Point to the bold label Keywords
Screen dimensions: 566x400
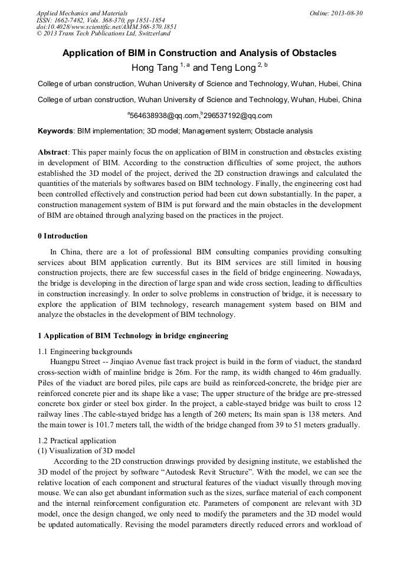pyautogui.click(x=55, y=131)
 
